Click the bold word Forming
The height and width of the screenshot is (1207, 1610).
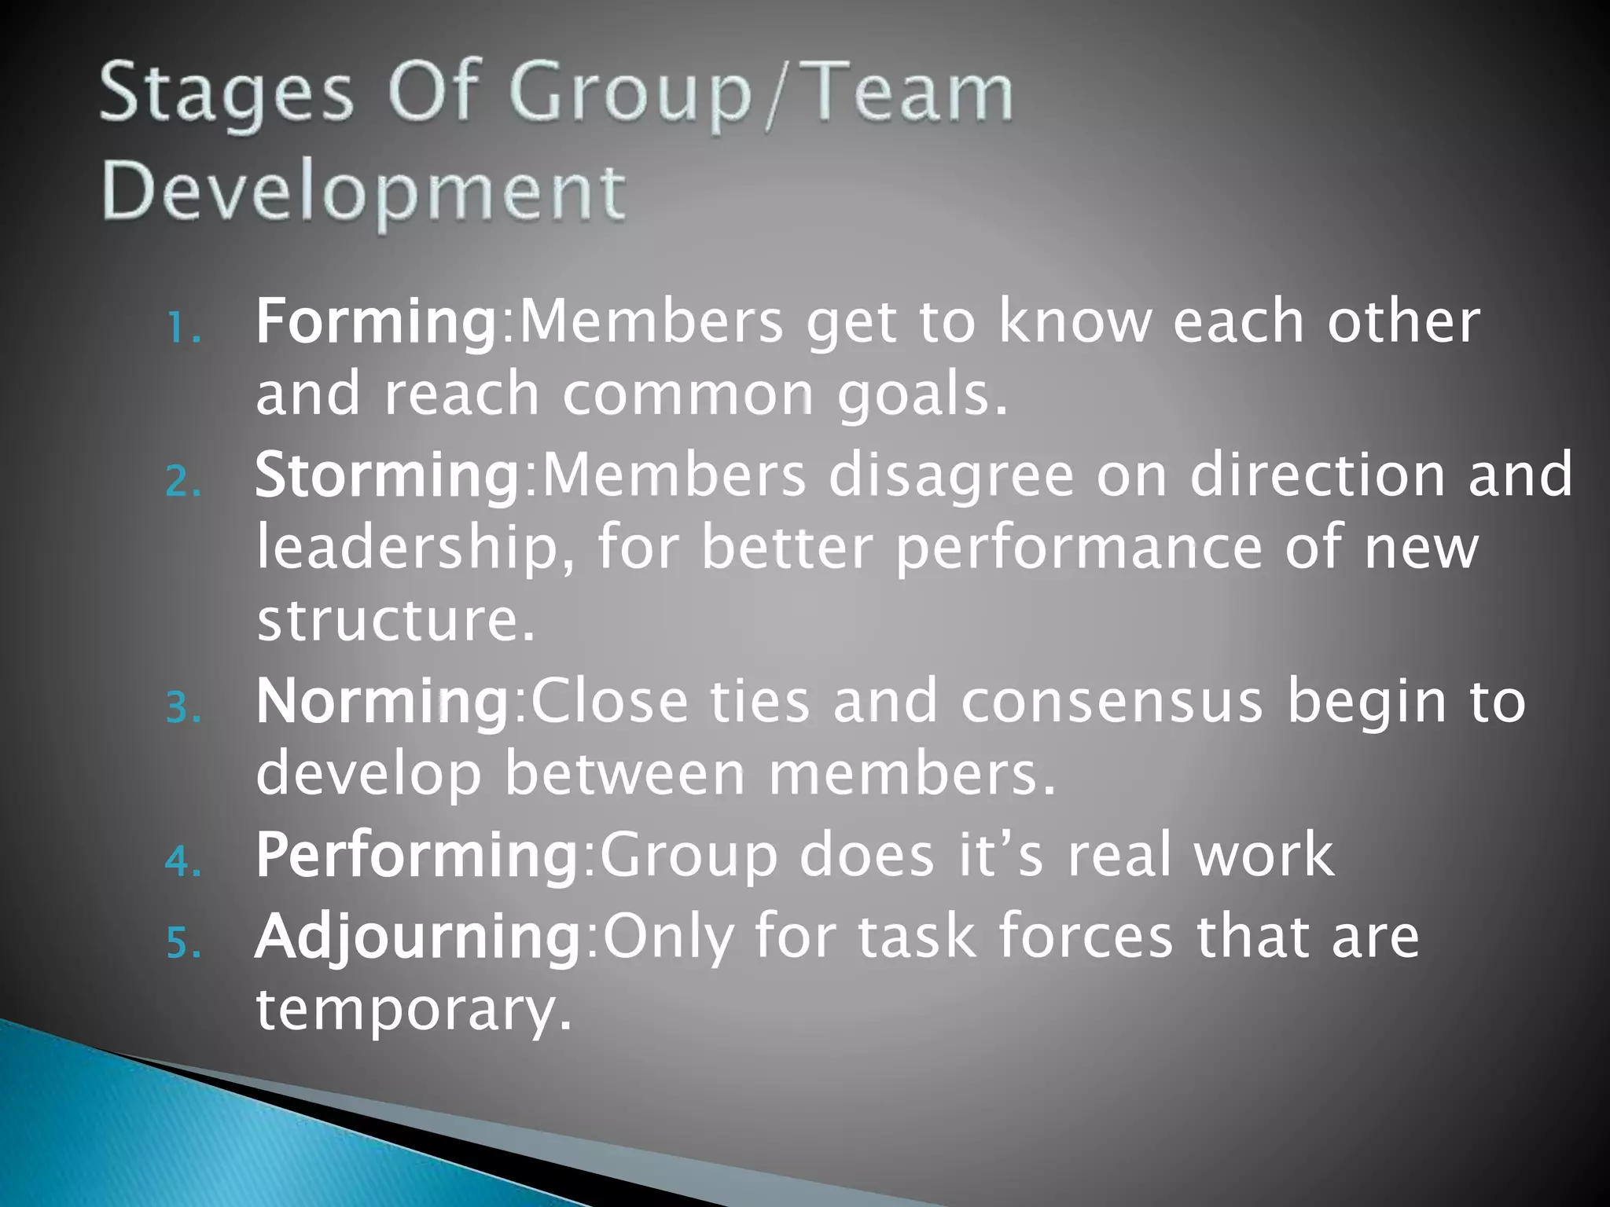376,322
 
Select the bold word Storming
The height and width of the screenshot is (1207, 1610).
387,476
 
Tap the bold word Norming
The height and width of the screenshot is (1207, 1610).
383,702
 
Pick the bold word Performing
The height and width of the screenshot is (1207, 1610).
417,855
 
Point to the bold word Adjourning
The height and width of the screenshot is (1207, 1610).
417,937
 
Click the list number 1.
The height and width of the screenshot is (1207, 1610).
183,329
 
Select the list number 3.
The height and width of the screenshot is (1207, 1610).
183,708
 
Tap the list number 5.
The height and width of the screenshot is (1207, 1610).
183,943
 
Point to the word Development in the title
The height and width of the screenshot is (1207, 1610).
364,193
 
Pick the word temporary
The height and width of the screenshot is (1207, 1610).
414,1011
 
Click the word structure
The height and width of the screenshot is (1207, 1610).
395,621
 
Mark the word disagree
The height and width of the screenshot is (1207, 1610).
951,476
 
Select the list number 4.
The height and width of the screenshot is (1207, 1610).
183,862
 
